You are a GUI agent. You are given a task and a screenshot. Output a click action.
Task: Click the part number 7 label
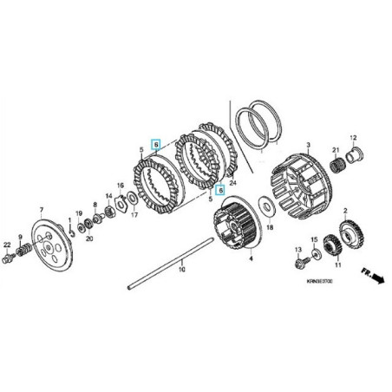pos(41,210)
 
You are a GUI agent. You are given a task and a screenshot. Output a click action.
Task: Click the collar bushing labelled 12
pos(353,159)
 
